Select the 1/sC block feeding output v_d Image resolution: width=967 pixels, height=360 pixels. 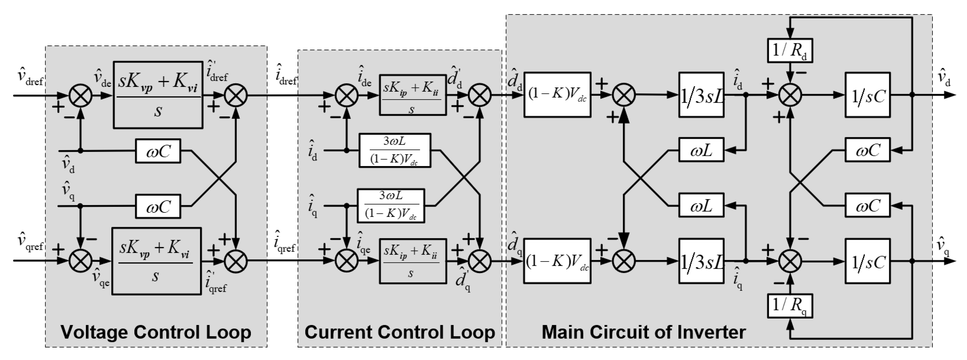point(867,95)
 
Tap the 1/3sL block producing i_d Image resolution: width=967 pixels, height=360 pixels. point(701,95)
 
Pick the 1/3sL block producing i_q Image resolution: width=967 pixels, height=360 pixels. point(701,261)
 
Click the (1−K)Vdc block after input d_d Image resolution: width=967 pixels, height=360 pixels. point(557,95)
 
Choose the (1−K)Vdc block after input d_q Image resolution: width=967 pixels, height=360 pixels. point(557,261)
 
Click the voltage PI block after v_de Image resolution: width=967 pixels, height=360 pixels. point(158,95)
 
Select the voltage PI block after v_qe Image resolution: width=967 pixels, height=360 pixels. point(156,261)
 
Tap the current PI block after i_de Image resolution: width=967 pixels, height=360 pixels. point(413,95)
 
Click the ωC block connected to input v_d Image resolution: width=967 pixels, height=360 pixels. point(158,151)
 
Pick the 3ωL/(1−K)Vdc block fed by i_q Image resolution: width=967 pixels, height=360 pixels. point(391,206)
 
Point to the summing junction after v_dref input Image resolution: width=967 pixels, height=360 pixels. point(81,95)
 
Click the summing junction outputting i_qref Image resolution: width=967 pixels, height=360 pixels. point(236,261)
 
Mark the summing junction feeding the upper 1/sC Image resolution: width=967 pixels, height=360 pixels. point(790,95)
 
